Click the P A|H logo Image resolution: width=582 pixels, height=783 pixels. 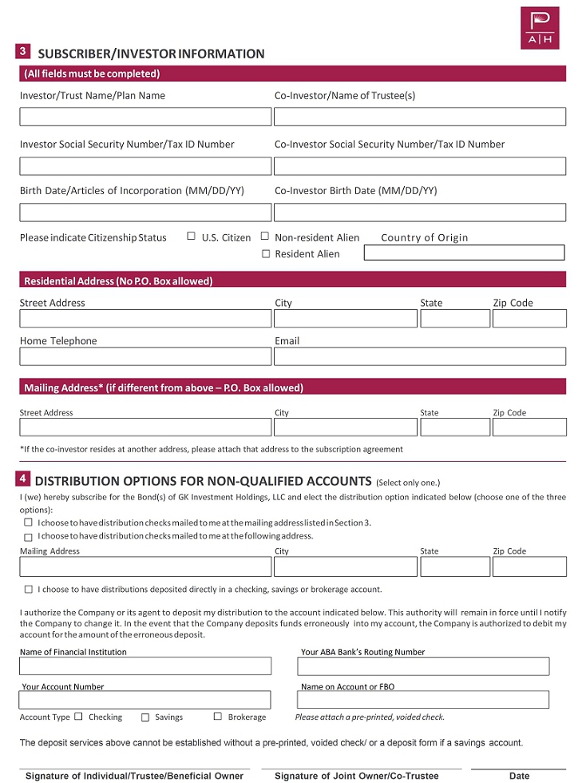tap(540, 28)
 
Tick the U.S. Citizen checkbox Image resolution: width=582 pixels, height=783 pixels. tap(191, 236)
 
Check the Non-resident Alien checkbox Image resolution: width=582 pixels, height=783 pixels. tap(265, 236)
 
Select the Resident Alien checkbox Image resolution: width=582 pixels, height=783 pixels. tap(266, 254)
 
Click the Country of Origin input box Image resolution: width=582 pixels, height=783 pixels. tap(464, 252)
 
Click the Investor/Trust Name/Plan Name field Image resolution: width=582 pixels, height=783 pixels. tap(145, 117)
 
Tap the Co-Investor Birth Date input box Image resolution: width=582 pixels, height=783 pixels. tap(419, 213)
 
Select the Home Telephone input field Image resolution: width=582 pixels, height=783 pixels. tap(145, 356)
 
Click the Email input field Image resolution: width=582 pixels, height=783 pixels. tap(419, 356)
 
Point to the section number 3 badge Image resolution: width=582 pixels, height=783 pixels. tap(23, 52)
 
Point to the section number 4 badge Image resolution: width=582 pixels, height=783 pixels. tap(23, 479)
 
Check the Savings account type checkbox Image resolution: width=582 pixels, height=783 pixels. tap(145, 717)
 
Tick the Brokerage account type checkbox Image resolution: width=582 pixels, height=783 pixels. tap(218, 717)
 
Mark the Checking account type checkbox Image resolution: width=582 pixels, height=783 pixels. tap(78, 717)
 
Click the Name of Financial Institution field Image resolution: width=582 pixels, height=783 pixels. tap(145, 666)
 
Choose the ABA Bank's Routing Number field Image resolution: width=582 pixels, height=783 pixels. tap(423, 666)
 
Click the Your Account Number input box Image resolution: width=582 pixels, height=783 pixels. tap(145, 701)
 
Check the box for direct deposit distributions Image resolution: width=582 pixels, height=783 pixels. tap(29, 590)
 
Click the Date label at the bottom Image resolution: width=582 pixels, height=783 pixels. tap(519, 776)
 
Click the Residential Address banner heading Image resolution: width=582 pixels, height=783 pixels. tap(118, 281)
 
